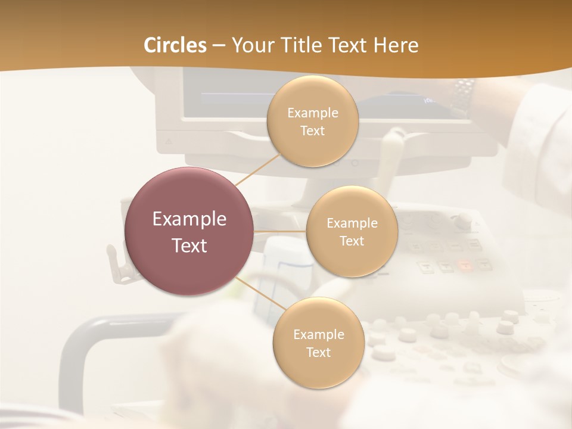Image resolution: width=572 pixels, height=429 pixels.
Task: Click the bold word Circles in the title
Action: (x=175, y=45)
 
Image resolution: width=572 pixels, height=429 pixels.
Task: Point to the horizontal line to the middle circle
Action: (x=280, y=231)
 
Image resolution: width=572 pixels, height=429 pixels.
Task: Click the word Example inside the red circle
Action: (x=189, y=219)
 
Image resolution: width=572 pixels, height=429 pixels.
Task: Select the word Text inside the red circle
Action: (x=189, y=245)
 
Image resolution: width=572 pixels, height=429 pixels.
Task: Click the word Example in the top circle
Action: (x=312, y=113)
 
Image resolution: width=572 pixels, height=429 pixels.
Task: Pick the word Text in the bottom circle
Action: (x=319, y=352)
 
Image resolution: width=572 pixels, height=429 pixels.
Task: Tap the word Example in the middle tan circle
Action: (x=352, y=223)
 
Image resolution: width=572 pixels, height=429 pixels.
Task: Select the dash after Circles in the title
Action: (x=218, y=46)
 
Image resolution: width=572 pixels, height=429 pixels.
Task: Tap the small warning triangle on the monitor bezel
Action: (x=169, y=142)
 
